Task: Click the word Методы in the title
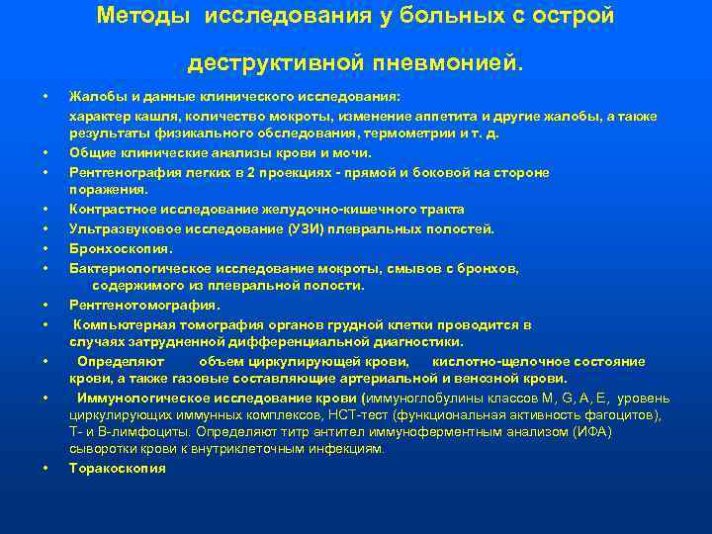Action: (x=145, y=17)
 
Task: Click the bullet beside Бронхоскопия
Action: (x=46, y=248)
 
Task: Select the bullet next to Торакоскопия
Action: (x=46, y=468)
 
